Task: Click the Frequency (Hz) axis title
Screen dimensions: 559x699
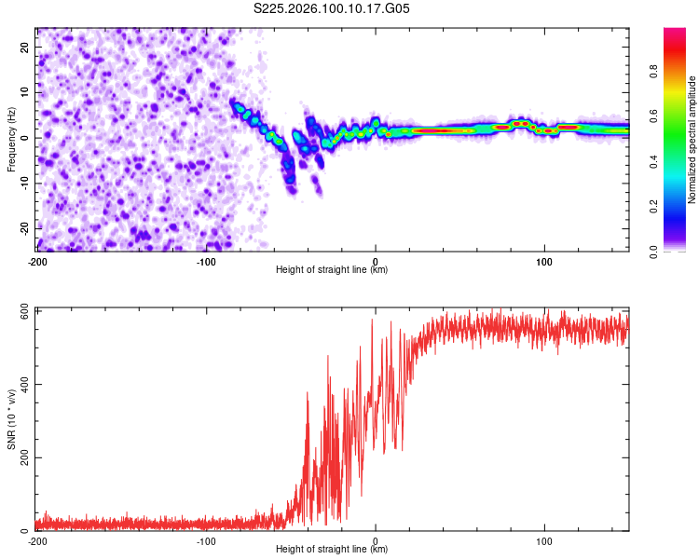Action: (11, 139)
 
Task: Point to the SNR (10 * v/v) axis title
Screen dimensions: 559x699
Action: (11, 419)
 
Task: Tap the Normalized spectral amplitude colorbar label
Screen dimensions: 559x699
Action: (692, 140)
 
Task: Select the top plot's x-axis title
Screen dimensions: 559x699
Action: (332, 269)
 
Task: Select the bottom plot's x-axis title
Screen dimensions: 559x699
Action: (332, 549)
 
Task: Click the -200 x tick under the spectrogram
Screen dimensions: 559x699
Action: (37, 260)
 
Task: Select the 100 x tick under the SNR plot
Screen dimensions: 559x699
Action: (544, 540)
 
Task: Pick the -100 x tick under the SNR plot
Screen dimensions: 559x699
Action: (207, 540)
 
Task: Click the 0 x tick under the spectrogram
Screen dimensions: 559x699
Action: (376, 260)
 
